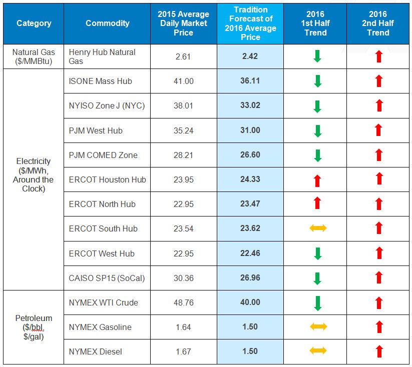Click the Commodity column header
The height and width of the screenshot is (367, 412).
point(107,23)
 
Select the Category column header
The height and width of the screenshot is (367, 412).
point(34,23)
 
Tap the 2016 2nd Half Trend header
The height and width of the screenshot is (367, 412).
point(378,23)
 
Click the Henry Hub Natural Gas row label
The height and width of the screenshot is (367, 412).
point(102,56)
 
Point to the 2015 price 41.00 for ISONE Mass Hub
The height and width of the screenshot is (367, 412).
point(183,81)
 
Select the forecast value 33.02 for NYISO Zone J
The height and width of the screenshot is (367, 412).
point(250,105)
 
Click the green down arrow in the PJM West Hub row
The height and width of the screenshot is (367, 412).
point(317,130)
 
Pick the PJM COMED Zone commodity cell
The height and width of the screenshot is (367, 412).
point(103,155)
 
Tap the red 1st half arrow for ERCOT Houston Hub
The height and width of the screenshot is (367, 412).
point(317,179)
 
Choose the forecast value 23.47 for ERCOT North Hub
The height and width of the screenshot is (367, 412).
point(250,204)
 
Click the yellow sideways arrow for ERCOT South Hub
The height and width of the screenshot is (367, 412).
point(317,228)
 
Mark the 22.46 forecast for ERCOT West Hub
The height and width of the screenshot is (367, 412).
point(250,253)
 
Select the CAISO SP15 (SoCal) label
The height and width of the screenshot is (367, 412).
point(107,277)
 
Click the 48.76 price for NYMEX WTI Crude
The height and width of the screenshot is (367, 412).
point(183,302)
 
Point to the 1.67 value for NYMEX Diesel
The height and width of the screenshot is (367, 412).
point(183,351)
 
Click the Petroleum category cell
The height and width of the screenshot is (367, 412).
point(34,327)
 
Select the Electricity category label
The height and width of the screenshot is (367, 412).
point(34,175)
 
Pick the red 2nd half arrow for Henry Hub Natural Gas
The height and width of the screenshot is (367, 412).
point(378,56)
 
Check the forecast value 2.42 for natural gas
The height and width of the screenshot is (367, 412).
point(250,56)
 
